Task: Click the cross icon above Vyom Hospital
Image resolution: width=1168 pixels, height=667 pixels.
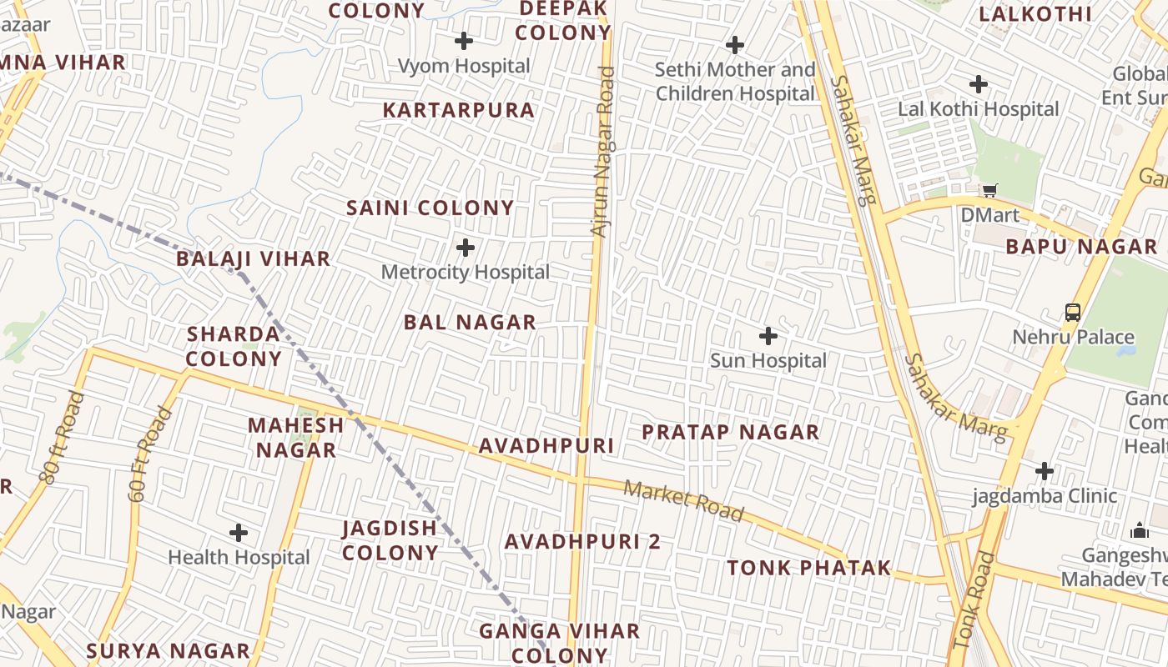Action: (464, 40)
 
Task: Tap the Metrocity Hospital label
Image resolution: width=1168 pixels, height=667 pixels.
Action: (466, 272)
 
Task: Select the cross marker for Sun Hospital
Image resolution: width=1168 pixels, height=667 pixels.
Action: (768, 336)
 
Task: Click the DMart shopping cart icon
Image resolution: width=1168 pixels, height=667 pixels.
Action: (989, 190)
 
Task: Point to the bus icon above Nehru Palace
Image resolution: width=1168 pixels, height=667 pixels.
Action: (1073, 313)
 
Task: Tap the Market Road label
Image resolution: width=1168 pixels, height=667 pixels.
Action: (683, 500)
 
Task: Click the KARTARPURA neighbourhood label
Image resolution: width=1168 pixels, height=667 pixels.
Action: (458, 110)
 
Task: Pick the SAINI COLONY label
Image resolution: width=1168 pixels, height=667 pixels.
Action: (430, 208)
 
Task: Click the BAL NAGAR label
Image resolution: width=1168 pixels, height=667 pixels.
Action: (470, 322)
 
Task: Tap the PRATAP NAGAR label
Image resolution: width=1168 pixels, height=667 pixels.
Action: (730, 432)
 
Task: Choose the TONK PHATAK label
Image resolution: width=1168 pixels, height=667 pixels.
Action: (808, 568)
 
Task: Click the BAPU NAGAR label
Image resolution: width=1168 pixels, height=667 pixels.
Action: (1081, 246)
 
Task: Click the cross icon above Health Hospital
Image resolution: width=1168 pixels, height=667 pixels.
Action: (239, 532)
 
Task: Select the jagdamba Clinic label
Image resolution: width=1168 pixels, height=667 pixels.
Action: (1045, 496)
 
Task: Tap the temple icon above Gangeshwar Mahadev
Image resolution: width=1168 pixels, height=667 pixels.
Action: (1140, 530)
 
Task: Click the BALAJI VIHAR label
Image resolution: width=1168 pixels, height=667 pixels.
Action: (254, 258)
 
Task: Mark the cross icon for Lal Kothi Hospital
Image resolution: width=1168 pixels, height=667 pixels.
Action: (979, 83)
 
